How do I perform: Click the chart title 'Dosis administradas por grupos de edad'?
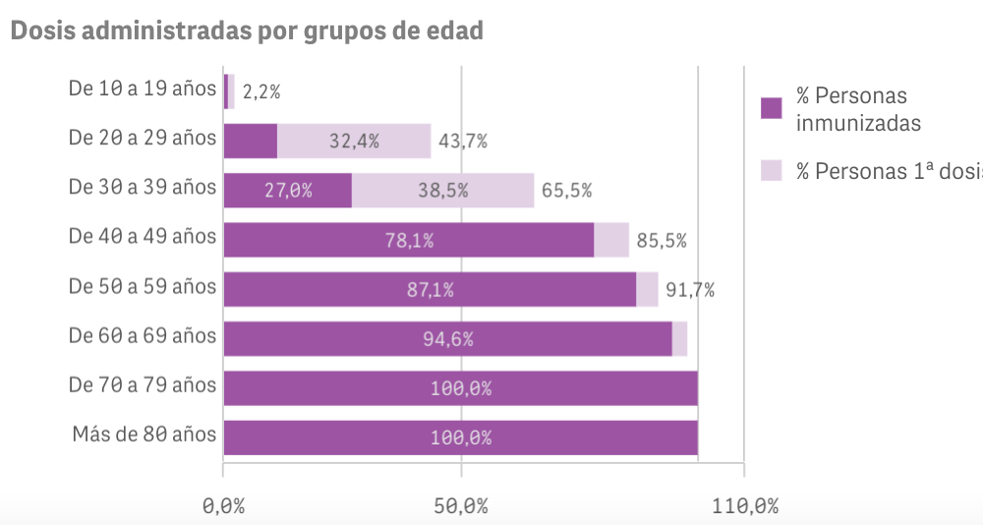247,30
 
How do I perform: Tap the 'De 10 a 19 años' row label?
142,88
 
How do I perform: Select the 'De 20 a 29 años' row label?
142,138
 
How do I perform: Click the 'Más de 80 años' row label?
144,435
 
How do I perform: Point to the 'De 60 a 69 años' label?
142,335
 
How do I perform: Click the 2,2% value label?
261,92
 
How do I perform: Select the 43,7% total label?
463,142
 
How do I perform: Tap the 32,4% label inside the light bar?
354,142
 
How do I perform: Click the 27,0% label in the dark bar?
288,191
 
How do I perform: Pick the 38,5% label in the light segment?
442,191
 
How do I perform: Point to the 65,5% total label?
567,191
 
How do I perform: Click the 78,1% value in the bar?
409,240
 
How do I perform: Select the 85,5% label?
662,240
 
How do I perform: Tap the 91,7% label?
690,290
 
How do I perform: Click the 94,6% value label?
448,339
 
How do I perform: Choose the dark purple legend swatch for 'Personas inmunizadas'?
772,107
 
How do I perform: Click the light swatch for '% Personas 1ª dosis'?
772,171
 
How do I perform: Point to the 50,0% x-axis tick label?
461,506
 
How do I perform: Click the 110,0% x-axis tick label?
743,506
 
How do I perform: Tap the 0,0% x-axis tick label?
223,506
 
